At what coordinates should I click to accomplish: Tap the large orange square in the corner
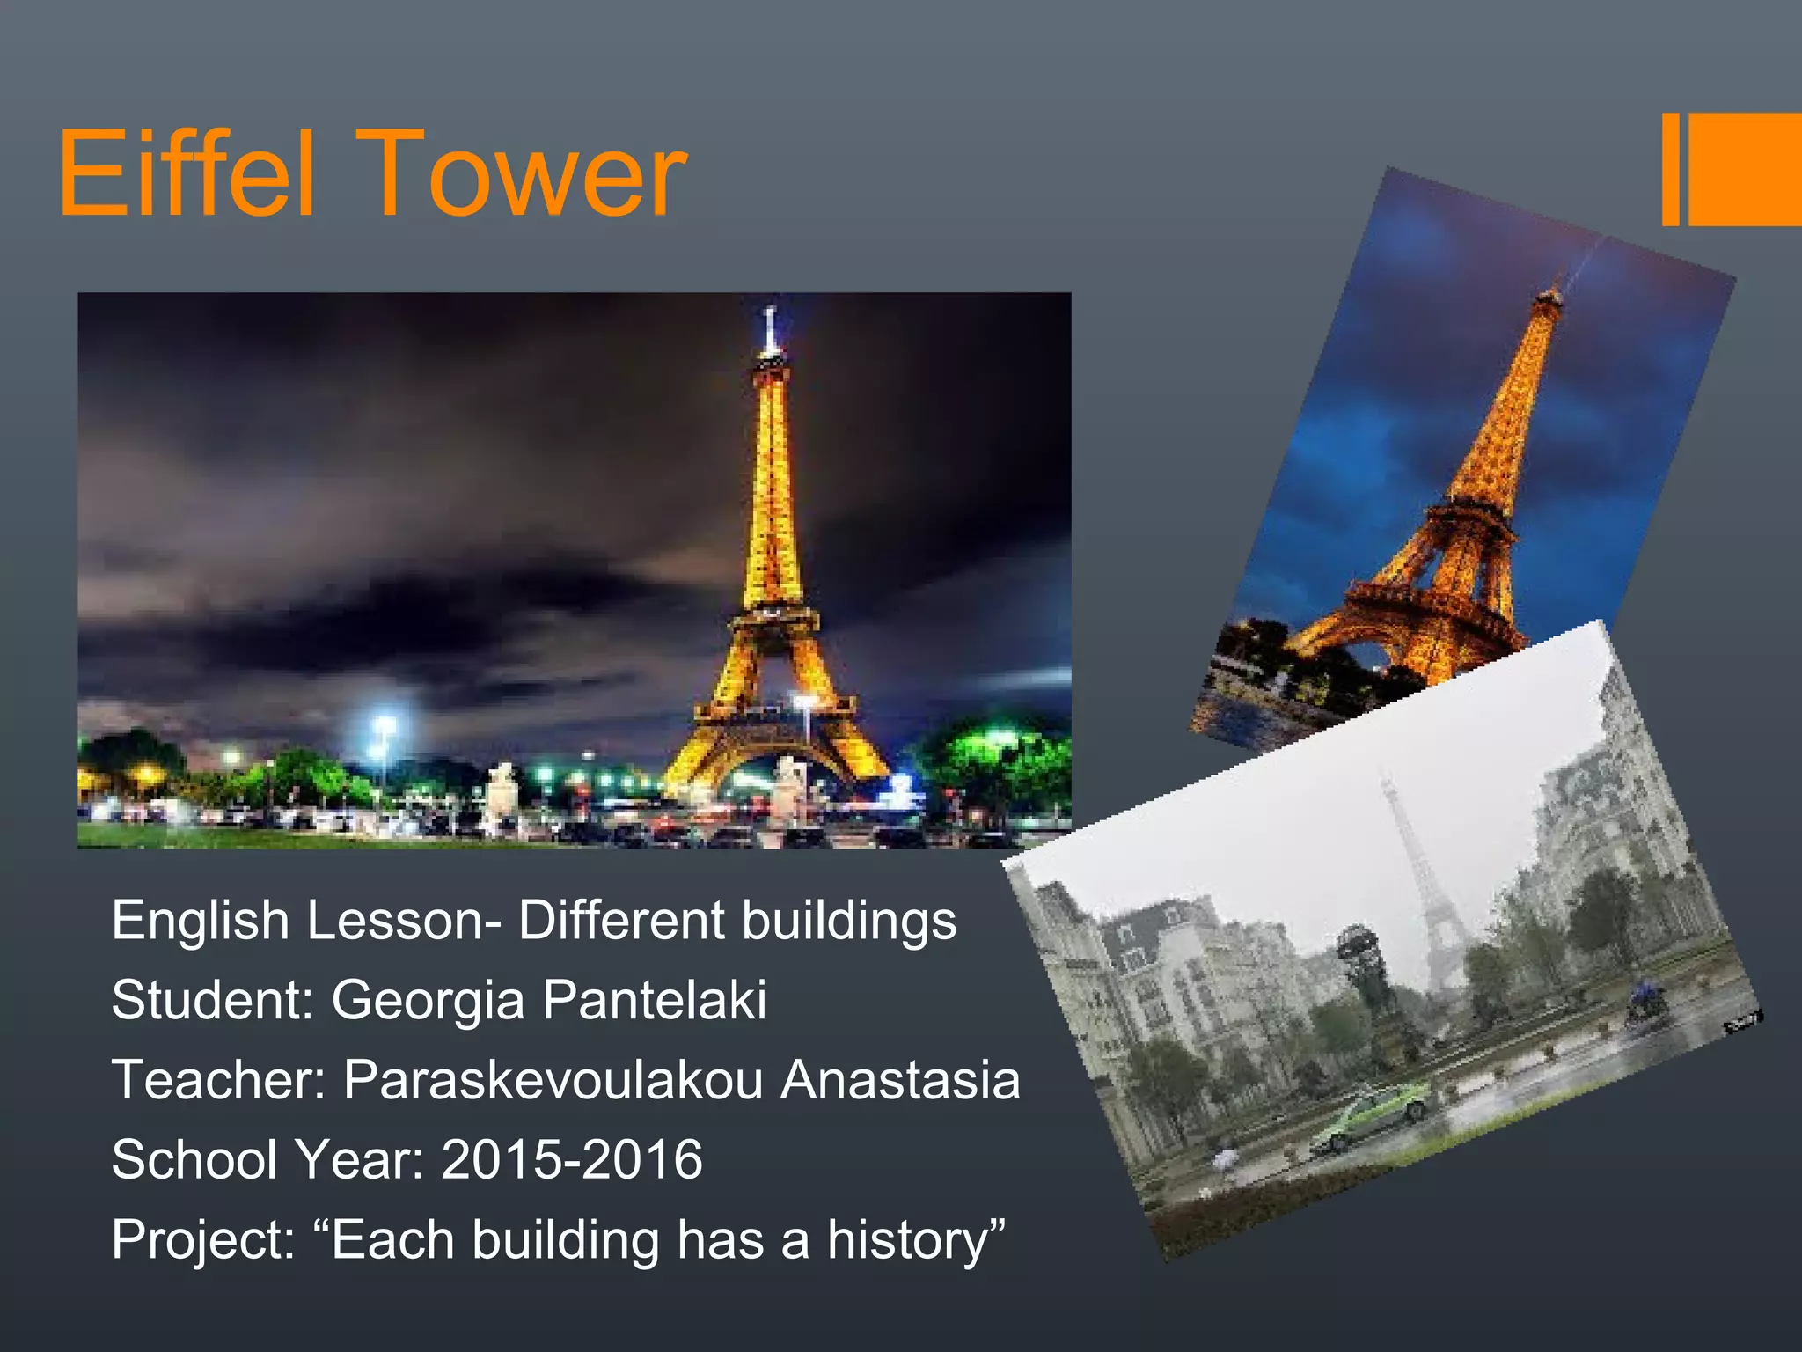coord(1745,169)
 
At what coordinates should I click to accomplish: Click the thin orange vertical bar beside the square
coord(1670,169)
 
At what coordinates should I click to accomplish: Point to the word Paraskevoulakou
coord(553,1079)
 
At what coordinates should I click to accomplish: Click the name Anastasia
coord(900,1079)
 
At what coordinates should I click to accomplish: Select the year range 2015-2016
coord(572,1158)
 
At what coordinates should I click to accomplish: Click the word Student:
coord(213,1000)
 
